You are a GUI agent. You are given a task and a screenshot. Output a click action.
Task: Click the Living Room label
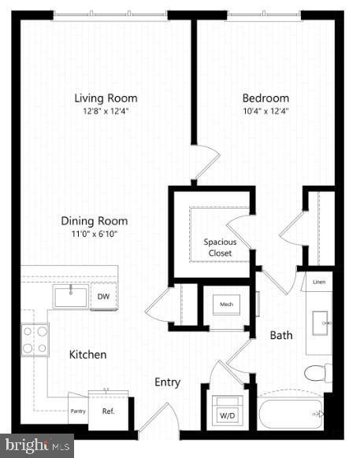pyautogui.click(x=106, y=98)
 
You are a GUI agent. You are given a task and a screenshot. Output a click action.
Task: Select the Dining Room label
pyautogui.click(x=95, y=221)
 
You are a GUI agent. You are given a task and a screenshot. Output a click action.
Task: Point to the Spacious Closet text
pyautogui.click(x=220, y=247)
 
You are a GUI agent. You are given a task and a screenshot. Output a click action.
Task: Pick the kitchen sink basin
pyautogui.click(x=71, y=296)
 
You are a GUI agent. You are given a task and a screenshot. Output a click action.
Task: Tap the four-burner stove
pyautogui.click(x=35, y=339)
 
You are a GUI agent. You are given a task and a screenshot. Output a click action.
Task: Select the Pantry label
pyautogui.click(x=77, y=411)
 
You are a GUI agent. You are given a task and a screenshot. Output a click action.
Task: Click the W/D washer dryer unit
pyautogui.click(x=226, y=411)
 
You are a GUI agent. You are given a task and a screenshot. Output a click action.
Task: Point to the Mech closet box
pyautogui.click(x=226, y=304)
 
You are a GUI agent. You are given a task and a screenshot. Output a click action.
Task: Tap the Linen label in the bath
pyautogui.click(x=319, y=281)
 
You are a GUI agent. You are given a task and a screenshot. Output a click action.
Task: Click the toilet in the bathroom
pyautogui.click(x=317, y=373)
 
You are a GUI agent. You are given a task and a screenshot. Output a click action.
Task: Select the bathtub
pyautogui.click(x=290, y=413)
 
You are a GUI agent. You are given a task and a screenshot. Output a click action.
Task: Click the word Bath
pyautogui.click(x=281, y=335)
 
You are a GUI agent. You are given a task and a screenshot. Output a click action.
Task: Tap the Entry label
pyautogui.click(x=167, y=382)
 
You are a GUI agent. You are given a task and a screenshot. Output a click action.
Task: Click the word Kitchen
pyautogui.click(x=87, y=355)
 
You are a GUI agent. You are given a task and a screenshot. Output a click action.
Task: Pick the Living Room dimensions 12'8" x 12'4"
pyautogui.click(x=106, y=112)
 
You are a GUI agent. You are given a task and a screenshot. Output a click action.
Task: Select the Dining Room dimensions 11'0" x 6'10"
pyautogui.click(x=95, y=235)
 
